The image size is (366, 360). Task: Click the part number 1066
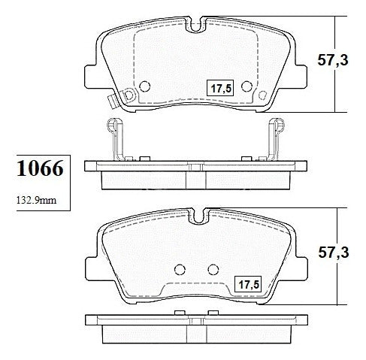pos(40,168)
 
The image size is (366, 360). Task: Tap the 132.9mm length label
pos(36,200)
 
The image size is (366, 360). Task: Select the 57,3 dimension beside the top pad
pos(333,60)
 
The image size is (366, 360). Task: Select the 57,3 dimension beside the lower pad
pos(334,253)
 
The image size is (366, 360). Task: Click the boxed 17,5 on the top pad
pos(220,88)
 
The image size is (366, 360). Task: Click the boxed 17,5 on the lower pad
pos(248,284)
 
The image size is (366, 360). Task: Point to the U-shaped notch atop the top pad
pos(196,26)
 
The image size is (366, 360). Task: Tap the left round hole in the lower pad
pos(180,269)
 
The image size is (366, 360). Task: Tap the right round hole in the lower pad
pos(213,269)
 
